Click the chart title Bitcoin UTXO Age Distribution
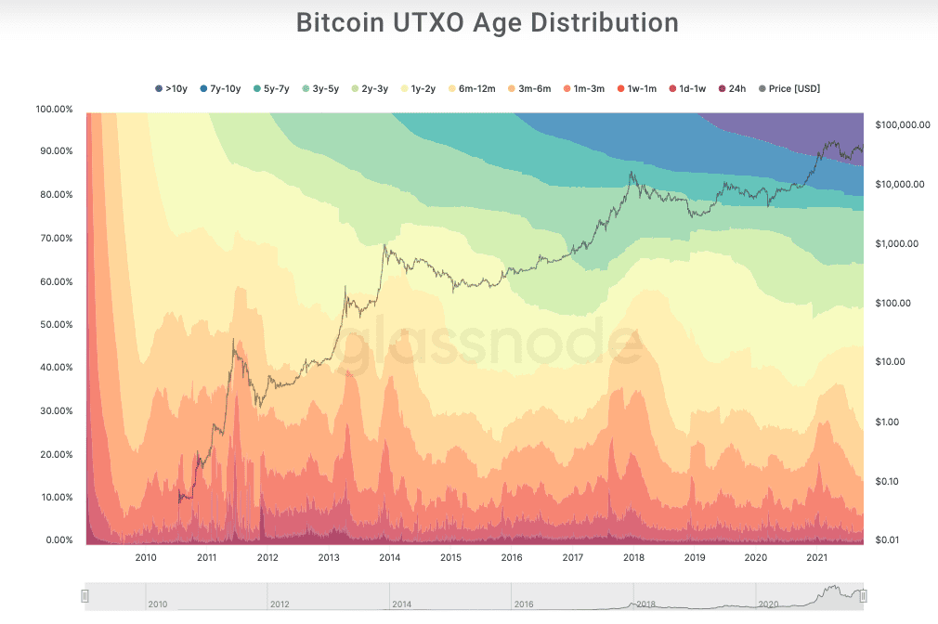pyautogui.click(x=487, y=22)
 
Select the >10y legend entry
pyautogui.click(x=171, y=89)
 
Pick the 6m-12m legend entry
pyautogui.click(x=472, y=89)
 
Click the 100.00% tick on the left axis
pyautogui.click(x=54, y=109)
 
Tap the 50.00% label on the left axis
pyautogui.click(x=54, y=325)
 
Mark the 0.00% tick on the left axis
pyautogui.click(x=57, y=540)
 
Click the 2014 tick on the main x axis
pyautogui.click(x=390, y=558)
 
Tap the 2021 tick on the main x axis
pyautogui.click(x=817, y=558)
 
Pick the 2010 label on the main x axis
pyautogui.click(x=146, y=558)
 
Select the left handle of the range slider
pyautogui.click(x=85, y=596)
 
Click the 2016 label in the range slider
pyautogui.click(x=523, y=604)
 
